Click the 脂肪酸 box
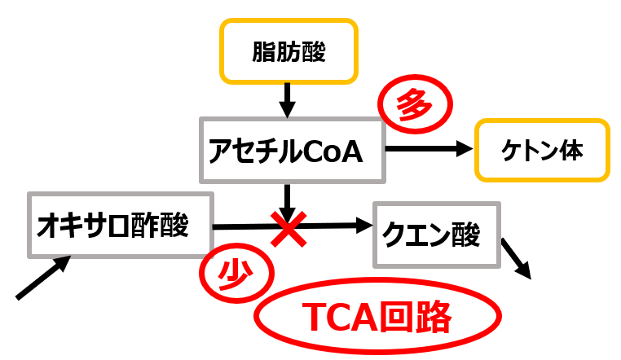tap(288, 52)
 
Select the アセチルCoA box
tap(292, 149)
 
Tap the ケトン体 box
tap(542, 151)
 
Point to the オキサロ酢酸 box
tap(120, 225)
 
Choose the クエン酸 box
tap(436, 235)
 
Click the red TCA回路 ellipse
tap(377, 318)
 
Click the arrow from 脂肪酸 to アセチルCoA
tap(287, 99)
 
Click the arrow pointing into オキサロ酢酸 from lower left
tap(43, 278)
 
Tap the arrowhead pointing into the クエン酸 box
tap(363, 226)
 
